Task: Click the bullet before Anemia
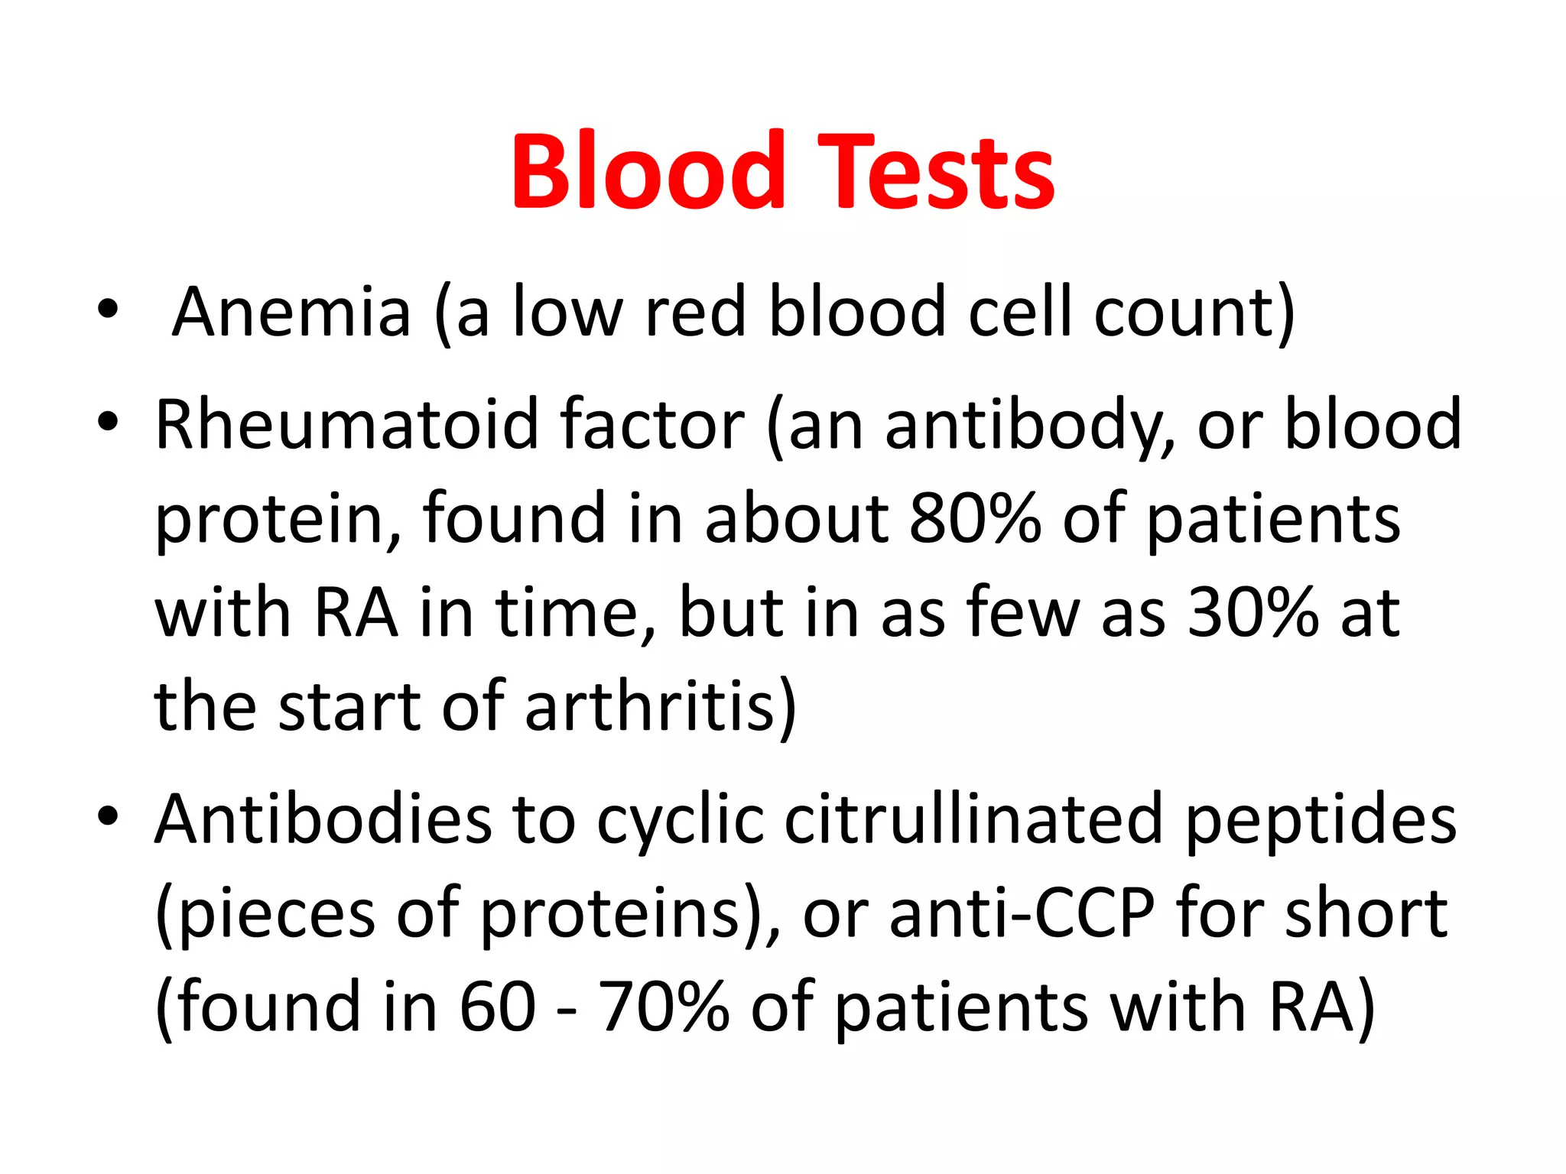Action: [x=108, y=309]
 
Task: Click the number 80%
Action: [x=974, y=518]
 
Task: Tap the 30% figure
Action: [x=1252, y=612]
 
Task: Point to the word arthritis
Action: [x=659, y=706]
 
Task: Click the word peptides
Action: [x=1321, y=819]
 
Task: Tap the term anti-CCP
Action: [x=1022, y=913]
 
